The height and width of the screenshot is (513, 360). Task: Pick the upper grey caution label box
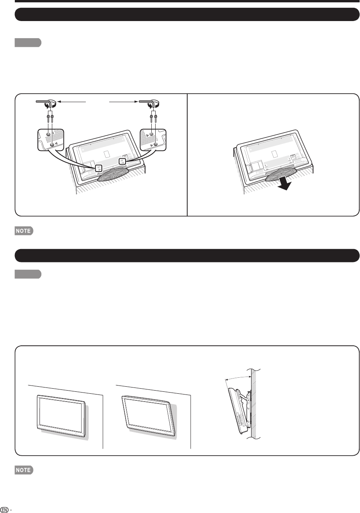point(28,42)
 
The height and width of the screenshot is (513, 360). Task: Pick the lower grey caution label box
point(28,275)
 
